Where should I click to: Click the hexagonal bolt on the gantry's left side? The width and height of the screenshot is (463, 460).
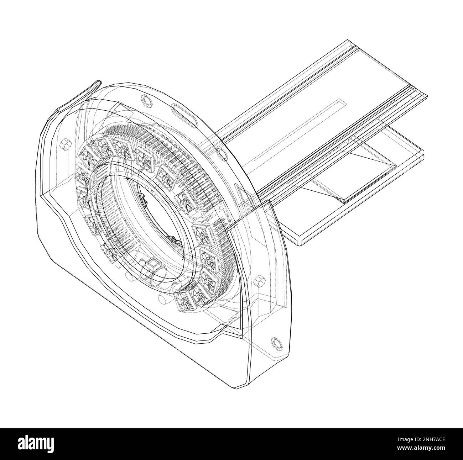point(64,144)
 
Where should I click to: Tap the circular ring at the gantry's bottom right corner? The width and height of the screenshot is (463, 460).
point(276,343)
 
